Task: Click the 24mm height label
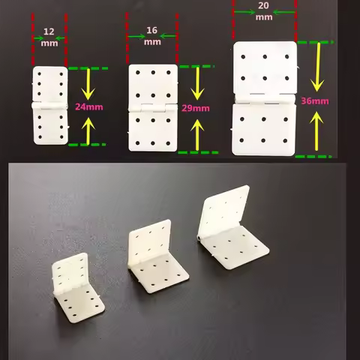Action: (88, 106)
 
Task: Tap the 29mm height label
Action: (196, 108)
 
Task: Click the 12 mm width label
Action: (49, 37)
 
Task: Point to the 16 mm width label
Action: (152, 36)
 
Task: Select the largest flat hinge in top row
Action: (264, 98)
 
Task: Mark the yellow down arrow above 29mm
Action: (196, 84)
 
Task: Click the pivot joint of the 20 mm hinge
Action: (264, 98)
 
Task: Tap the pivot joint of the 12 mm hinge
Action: (49, 106)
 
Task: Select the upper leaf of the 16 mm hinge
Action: (153, 85)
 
